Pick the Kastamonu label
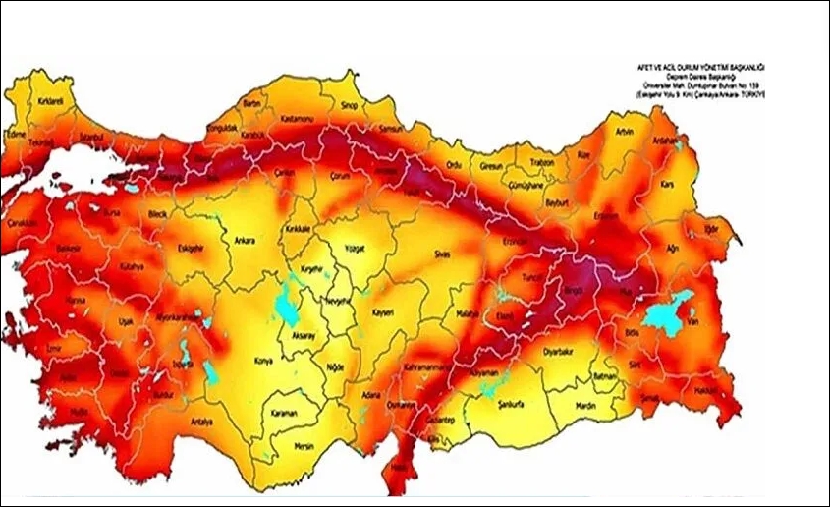(297, 118)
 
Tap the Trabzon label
(542, 162)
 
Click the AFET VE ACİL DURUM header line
(701, 66)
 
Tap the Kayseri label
(383, 313)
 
